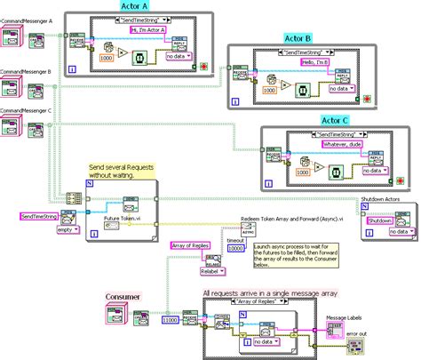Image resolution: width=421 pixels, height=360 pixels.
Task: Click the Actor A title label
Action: pos(128,7)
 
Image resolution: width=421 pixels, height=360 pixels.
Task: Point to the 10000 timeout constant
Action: pos(235,248)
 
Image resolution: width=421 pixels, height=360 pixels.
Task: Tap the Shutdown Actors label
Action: pos(387,201)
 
